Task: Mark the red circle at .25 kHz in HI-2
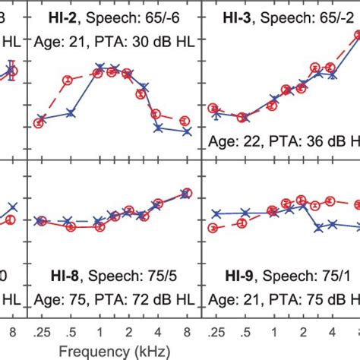(x=39, y=123)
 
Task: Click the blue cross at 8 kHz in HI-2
(x=187, y=131)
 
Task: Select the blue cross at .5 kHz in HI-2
(x=71, y=113)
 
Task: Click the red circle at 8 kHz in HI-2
(x=185, y=121)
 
